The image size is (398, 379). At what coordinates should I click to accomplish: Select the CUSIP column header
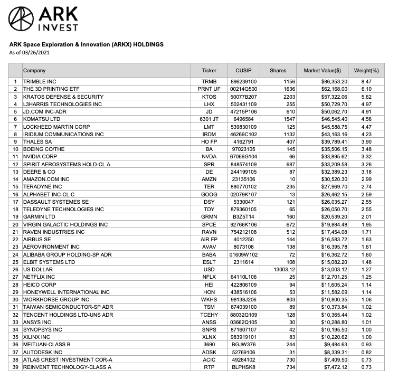tap(245, 70)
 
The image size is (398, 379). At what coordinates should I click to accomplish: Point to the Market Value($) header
tap(323, 70)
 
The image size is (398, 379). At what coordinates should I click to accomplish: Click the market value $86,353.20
tap(334, 82)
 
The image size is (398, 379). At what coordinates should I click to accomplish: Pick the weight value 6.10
tap(366, 89)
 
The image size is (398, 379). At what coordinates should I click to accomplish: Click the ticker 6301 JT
tap(209, 120)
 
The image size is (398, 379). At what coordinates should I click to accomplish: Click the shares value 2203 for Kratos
tap(280, 97)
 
